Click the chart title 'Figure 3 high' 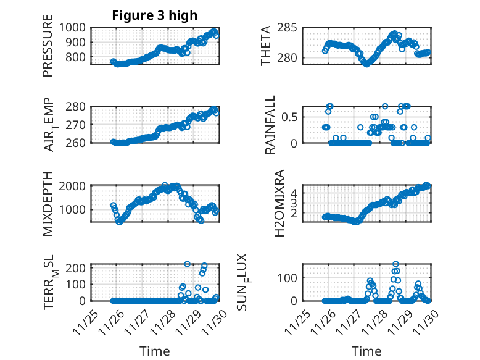pyautogui.click(x=155, y=15)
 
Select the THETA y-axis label pyautogui.click(x=266, y=46)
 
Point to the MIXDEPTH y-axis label pyautogui.click(x=48, y=203)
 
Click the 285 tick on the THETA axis pyautogui.click(x=288, y=28)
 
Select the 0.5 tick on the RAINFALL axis pyautogui.click(x=290, y=117)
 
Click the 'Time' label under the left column pyautogui.click(x=155, y=351)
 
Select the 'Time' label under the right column pyautogui.click(x=366, y=351)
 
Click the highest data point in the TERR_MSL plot pyautogui.click(x=188, y=264)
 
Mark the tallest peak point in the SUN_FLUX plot pyautogui.click(x=395, y=264)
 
